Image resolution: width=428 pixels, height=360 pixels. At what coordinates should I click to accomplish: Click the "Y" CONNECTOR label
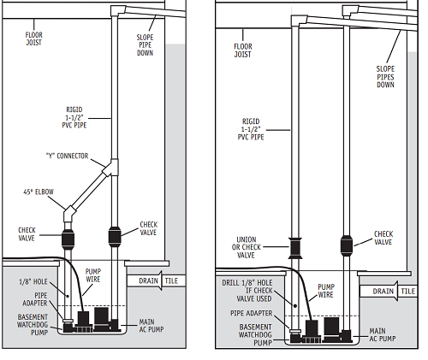coord(68,156)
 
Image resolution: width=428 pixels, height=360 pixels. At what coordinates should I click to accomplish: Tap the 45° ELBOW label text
coord(39,192)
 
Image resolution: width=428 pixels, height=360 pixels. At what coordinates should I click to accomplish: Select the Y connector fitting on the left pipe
coord(111,168)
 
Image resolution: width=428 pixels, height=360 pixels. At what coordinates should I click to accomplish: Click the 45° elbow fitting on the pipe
coord(69,215)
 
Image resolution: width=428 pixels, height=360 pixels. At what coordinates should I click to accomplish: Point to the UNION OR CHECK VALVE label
coord(247,247)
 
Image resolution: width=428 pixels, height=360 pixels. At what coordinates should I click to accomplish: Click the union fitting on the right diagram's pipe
coord(295,248)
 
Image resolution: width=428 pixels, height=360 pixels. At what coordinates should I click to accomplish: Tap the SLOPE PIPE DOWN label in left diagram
coord(145,45)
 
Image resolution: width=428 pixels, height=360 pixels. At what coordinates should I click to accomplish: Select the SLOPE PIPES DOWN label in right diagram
coord(385,77)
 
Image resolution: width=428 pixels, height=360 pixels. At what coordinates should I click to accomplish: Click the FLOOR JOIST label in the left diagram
coord(34,38)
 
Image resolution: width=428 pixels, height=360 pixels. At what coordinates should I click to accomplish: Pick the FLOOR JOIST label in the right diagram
coord(243,50)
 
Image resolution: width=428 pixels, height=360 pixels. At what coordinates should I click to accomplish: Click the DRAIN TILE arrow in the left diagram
coord(157,280)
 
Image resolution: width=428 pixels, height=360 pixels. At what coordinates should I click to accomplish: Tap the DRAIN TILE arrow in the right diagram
coord(389,291)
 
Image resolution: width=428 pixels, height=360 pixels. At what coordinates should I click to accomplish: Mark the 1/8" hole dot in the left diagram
coord(68,296)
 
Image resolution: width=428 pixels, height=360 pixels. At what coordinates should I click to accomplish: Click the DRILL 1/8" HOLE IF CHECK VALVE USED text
coord(247,291)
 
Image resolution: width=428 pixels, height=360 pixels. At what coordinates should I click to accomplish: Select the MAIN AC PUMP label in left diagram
coord(152,326)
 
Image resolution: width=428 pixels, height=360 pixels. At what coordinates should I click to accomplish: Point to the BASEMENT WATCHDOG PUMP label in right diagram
coord(255,334)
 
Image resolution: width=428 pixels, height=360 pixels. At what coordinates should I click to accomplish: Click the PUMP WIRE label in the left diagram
coord(93,275)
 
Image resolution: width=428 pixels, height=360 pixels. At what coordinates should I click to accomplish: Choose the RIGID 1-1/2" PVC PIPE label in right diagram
coord(251,129)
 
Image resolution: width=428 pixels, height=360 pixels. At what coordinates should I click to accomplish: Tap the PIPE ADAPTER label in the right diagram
coord(252,313)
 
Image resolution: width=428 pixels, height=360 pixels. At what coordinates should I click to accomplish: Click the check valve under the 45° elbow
coord(68,238)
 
